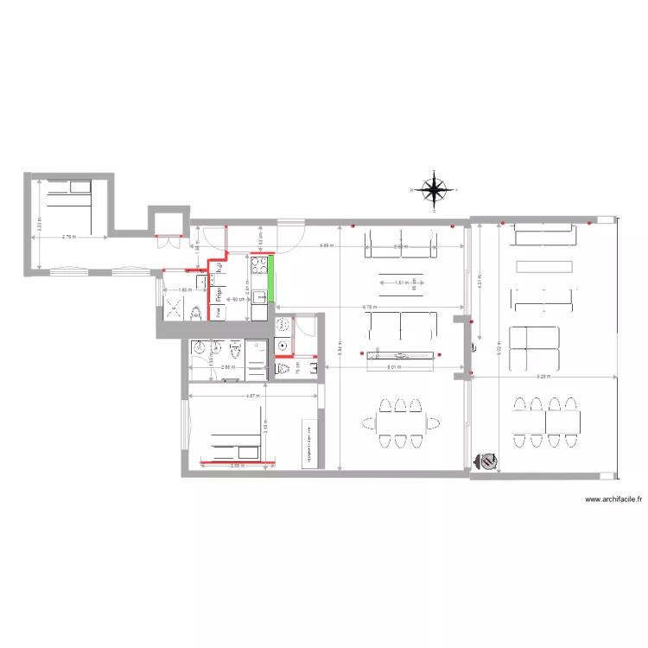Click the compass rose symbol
pos(433,189)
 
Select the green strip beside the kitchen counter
pos(270,279)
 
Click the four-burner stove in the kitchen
pos(258,264)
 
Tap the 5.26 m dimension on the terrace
pos(544,377)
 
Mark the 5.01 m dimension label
pos(394,367)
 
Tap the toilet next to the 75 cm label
pos(283,369)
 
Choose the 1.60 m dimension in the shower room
pos(184,289)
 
